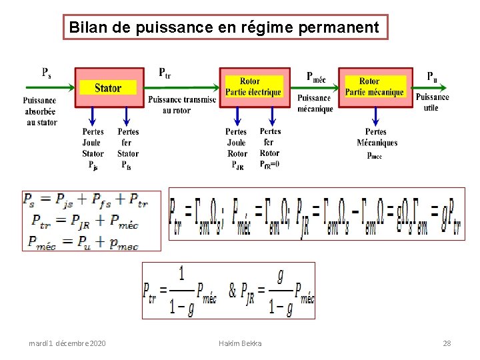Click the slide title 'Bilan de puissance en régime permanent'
click(225, 28)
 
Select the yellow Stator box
click(108, 87)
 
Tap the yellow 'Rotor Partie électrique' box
click(253, 87)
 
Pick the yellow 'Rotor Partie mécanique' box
click(374, 87)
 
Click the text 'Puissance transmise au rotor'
click(181, 105)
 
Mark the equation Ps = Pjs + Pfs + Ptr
click(85, 199)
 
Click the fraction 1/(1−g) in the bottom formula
click(181, 291)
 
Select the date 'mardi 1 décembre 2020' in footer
click(67, 343)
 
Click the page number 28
click(447, 343)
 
